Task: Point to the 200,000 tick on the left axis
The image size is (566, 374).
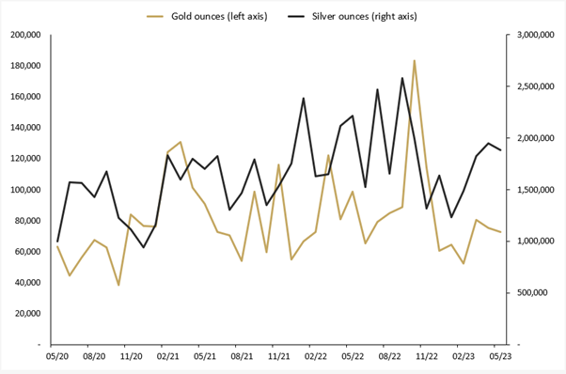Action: tap(24, 35)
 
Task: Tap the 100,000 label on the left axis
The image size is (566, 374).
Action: tap(24, 190)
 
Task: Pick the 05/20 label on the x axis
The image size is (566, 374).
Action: tap(57, 357)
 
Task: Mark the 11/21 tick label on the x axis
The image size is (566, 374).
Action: tap(278, 357)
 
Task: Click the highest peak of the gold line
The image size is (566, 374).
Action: tap(414, 61)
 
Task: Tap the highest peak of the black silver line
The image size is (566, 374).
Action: tap(402, 78)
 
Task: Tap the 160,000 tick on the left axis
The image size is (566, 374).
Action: tap(24, 97)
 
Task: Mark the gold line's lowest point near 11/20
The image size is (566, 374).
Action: tap(118, 285)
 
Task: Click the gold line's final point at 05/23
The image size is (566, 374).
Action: tap(500, 232)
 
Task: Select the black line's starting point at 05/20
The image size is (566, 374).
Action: tap(57, 242)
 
